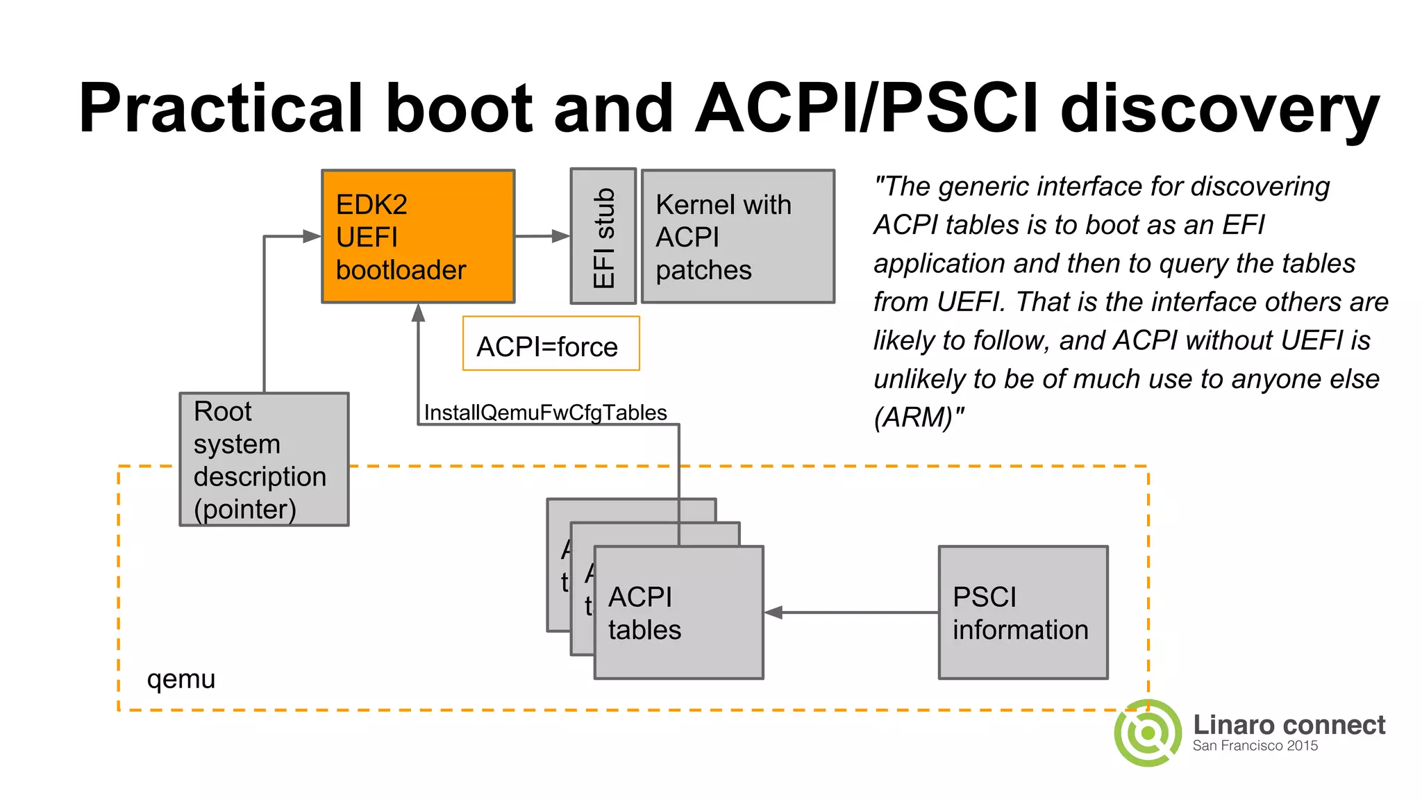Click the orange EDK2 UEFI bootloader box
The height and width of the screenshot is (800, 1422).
418,236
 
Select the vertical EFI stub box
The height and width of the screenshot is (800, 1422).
603,236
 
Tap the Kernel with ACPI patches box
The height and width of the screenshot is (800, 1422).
737,236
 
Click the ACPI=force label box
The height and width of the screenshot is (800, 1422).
551,344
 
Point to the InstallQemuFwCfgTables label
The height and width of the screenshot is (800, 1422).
545,412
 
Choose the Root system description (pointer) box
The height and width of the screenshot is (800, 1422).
264,460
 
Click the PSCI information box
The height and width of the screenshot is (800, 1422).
1023,612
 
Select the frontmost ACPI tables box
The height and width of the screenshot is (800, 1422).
678,612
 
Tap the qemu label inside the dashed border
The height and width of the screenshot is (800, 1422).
181,678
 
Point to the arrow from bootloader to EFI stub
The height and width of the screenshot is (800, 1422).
542,236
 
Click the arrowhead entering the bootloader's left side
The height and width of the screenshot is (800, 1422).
312,236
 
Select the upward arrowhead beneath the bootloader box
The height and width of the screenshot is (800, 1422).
418,313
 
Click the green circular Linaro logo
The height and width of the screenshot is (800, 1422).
1148,733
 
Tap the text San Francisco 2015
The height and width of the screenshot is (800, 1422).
1255,746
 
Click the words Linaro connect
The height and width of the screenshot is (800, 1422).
1289,724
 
